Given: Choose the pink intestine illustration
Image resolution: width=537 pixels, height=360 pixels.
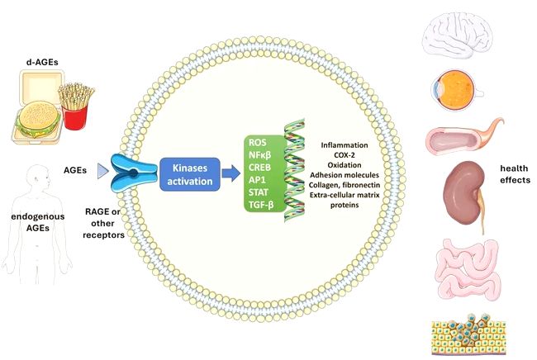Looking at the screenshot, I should point(457,271).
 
